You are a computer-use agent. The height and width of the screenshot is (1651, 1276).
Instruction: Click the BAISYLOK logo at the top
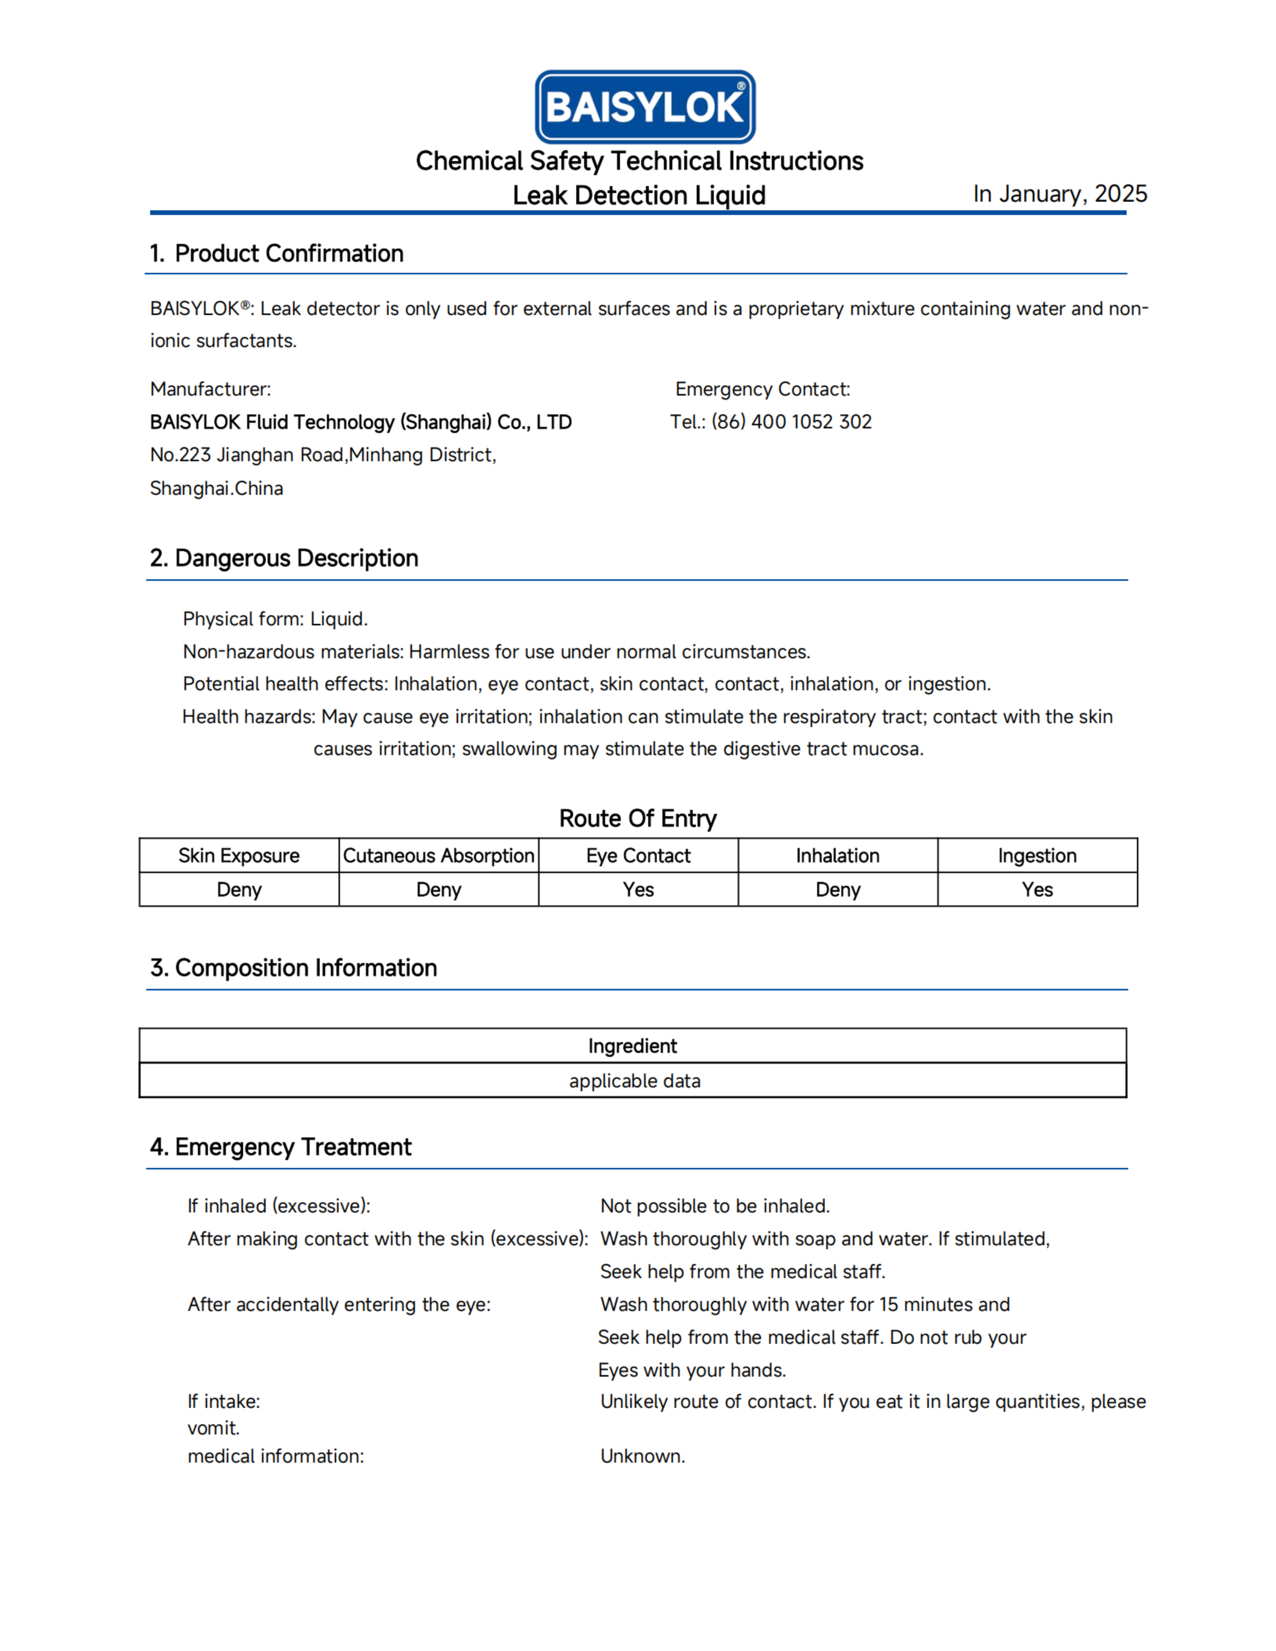coord(645,107)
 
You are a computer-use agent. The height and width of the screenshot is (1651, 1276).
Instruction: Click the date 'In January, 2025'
coord(1060,194)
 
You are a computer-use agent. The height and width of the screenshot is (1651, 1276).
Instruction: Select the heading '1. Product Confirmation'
coord(277,253)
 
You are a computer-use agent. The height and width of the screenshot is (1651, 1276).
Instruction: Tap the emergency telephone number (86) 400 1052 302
coord(792,422)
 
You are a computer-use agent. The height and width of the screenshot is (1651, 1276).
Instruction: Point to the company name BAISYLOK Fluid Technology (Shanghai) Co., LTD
coord(360,422)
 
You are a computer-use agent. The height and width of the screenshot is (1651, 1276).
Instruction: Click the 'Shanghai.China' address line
coord(216,488)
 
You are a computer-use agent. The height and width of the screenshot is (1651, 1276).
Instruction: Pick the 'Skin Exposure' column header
coord(239,856)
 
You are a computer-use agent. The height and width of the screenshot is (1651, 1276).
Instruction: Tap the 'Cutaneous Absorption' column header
coord(439,856)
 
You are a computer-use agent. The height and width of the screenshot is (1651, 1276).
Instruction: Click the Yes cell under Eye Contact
coord(638,890)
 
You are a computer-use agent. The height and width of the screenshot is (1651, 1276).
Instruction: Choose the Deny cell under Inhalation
coord(837,890)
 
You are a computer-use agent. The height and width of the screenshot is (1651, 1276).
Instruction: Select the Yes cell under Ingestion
coord(1037,890)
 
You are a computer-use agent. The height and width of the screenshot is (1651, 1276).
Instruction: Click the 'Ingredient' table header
coord(633,1046)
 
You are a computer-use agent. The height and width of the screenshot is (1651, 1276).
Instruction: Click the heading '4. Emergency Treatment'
coord(280,1147)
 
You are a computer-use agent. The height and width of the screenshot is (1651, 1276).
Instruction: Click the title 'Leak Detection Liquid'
coord(639,195)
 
